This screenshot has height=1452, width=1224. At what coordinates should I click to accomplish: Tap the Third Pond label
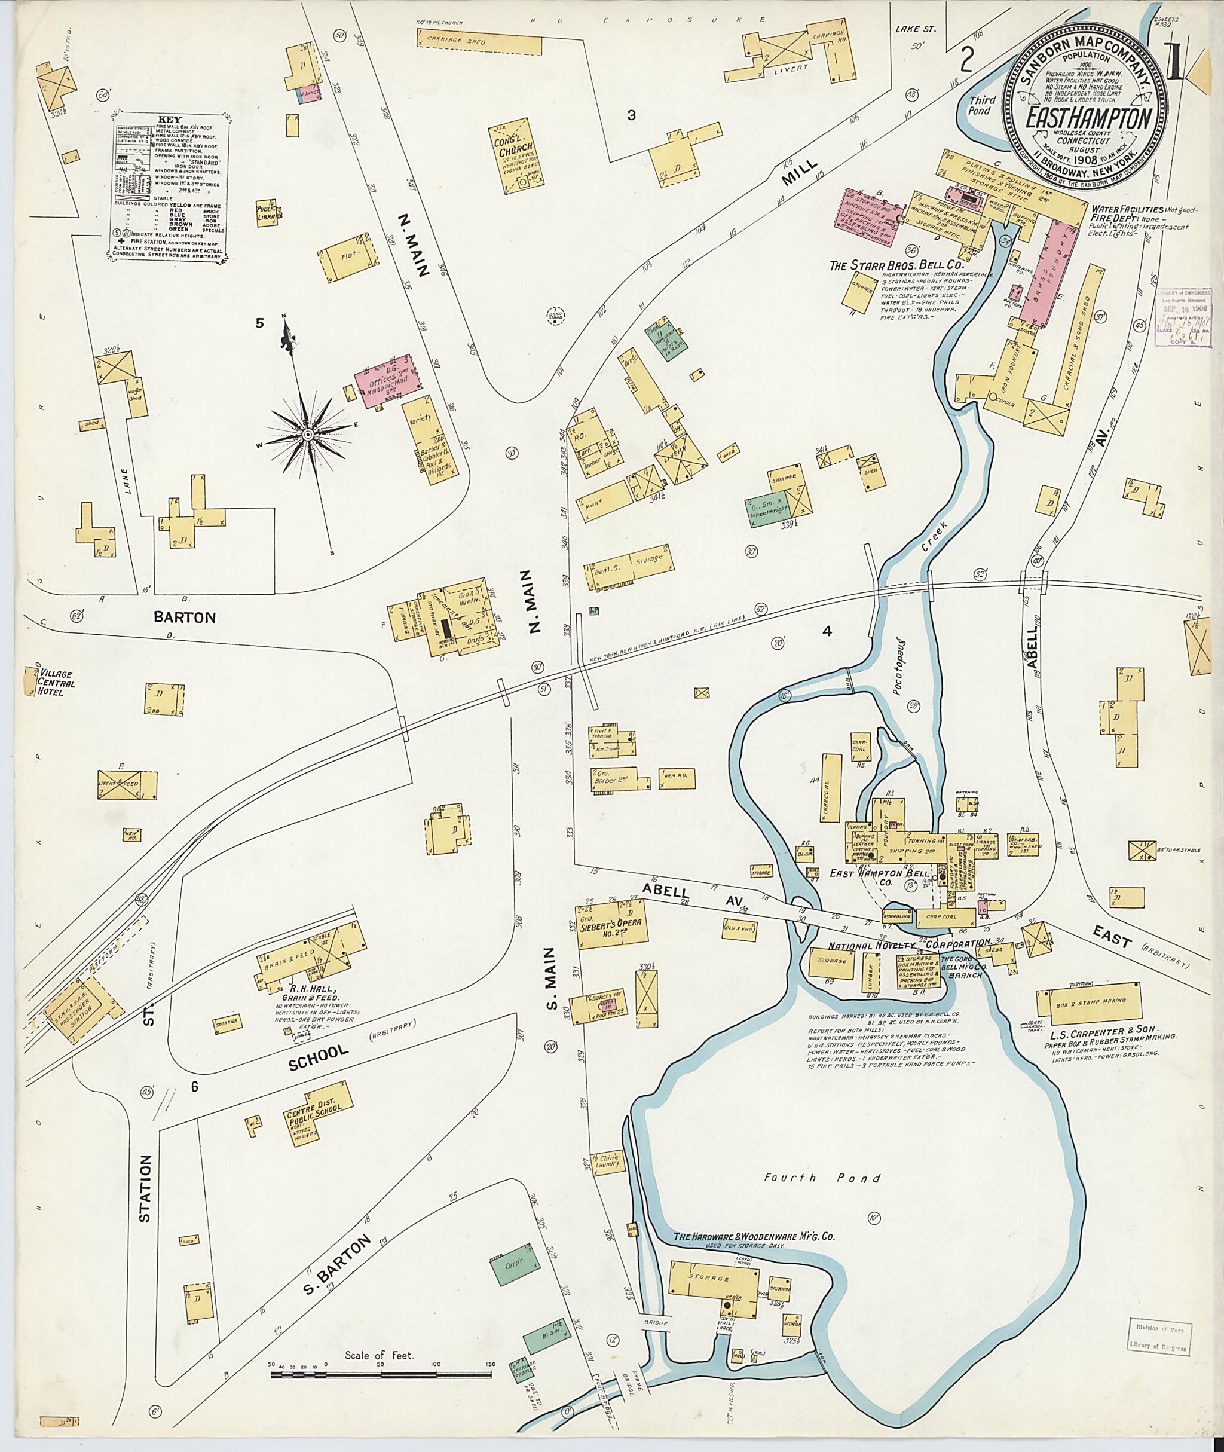[982, 105]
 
